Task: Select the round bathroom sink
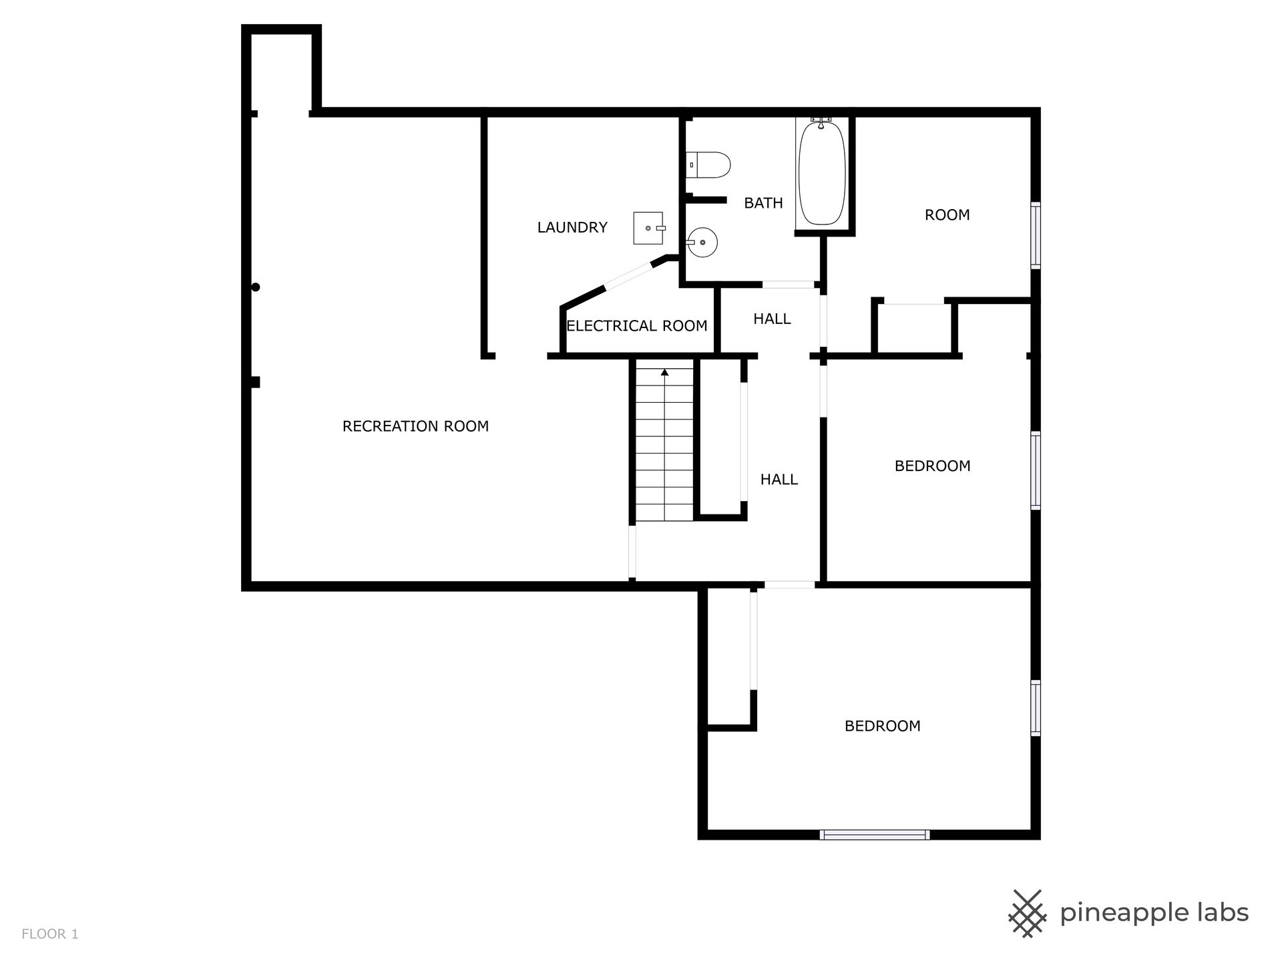pyautogui.click(x=702, y=243)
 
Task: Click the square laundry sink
pyautogui.click(x=648, y=228)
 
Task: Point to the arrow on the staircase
pyautogui.click(x=664, y=371)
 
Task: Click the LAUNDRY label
pyautogui.click(x=572, y=227)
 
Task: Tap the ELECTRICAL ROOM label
pyautogui.click(x=637, y=326)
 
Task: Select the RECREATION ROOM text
pyautogui.click(x=415, y=426)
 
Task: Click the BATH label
pyautogui.click(x=763, y=203)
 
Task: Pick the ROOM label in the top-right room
pyautogui.click(x=947, y=215)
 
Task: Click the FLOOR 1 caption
pyautogui.click(x=50, y=934)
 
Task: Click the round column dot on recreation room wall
pyautogui.click(x=255, y=287)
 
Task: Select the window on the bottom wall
pyautogui.click(x=874, y=834)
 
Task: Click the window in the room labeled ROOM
pyautogui.click(x=1036, y=235)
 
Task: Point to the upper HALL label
pyautogui.click(x=772, y=319)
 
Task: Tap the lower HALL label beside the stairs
pyautogui.click(x=779, y=480)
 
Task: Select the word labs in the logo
pyautogui.click(x=1219, y=913)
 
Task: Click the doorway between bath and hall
pyautogui.click(x=789, y=285)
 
